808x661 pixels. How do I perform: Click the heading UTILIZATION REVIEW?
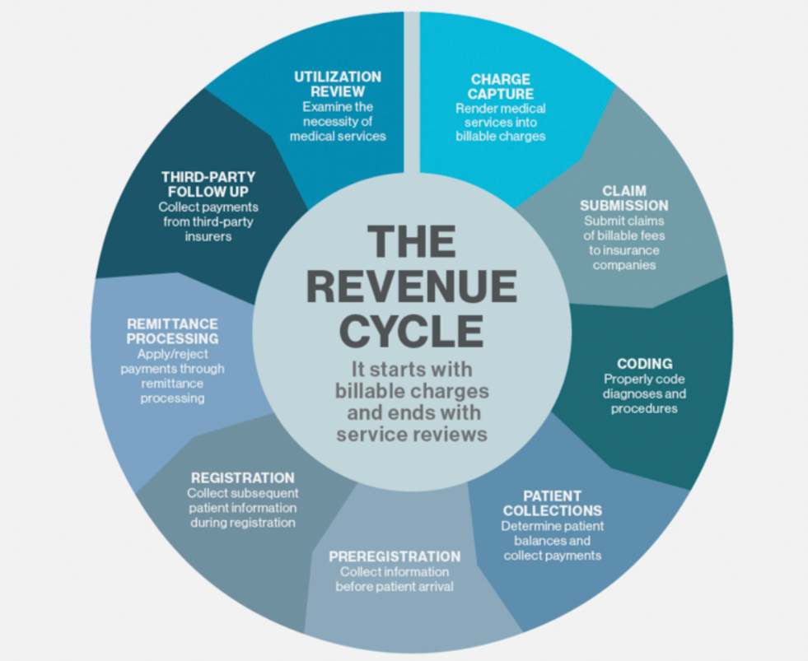[338, 84]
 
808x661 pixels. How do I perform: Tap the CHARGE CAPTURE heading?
[501, 86]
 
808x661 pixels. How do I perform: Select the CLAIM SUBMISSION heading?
[624, 198]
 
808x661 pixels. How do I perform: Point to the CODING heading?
[644, 363]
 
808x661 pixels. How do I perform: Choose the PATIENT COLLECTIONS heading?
[553, 503]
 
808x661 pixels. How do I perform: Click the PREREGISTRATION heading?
[395, 556]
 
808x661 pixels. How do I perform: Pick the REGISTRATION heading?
[242, 477]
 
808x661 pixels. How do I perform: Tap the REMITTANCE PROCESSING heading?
[172, 331]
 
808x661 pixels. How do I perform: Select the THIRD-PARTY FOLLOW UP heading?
[208, 184]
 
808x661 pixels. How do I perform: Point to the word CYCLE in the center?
[411, 332]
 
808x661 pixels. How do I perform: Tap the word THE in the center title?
[411, 243]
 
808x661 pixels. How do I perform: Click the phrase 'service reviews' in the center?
[411, 432]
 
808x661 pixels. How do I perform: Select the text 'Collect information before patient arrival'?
[395, 580]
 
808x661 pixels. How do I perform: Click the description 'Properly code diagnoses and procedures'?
[644, 393]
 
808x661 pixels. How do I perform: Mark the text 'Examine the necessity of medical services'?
[338, 121]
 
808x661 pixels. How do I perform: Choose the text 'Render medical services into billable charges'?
[501, 122]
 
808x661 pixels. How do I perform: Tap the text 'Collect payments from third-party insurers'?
[208, 221]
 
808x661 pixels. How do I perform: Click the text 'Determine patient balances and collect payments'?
[553, 541]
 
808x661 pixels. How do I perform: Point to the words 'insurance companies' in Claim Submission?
[624, 258]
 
